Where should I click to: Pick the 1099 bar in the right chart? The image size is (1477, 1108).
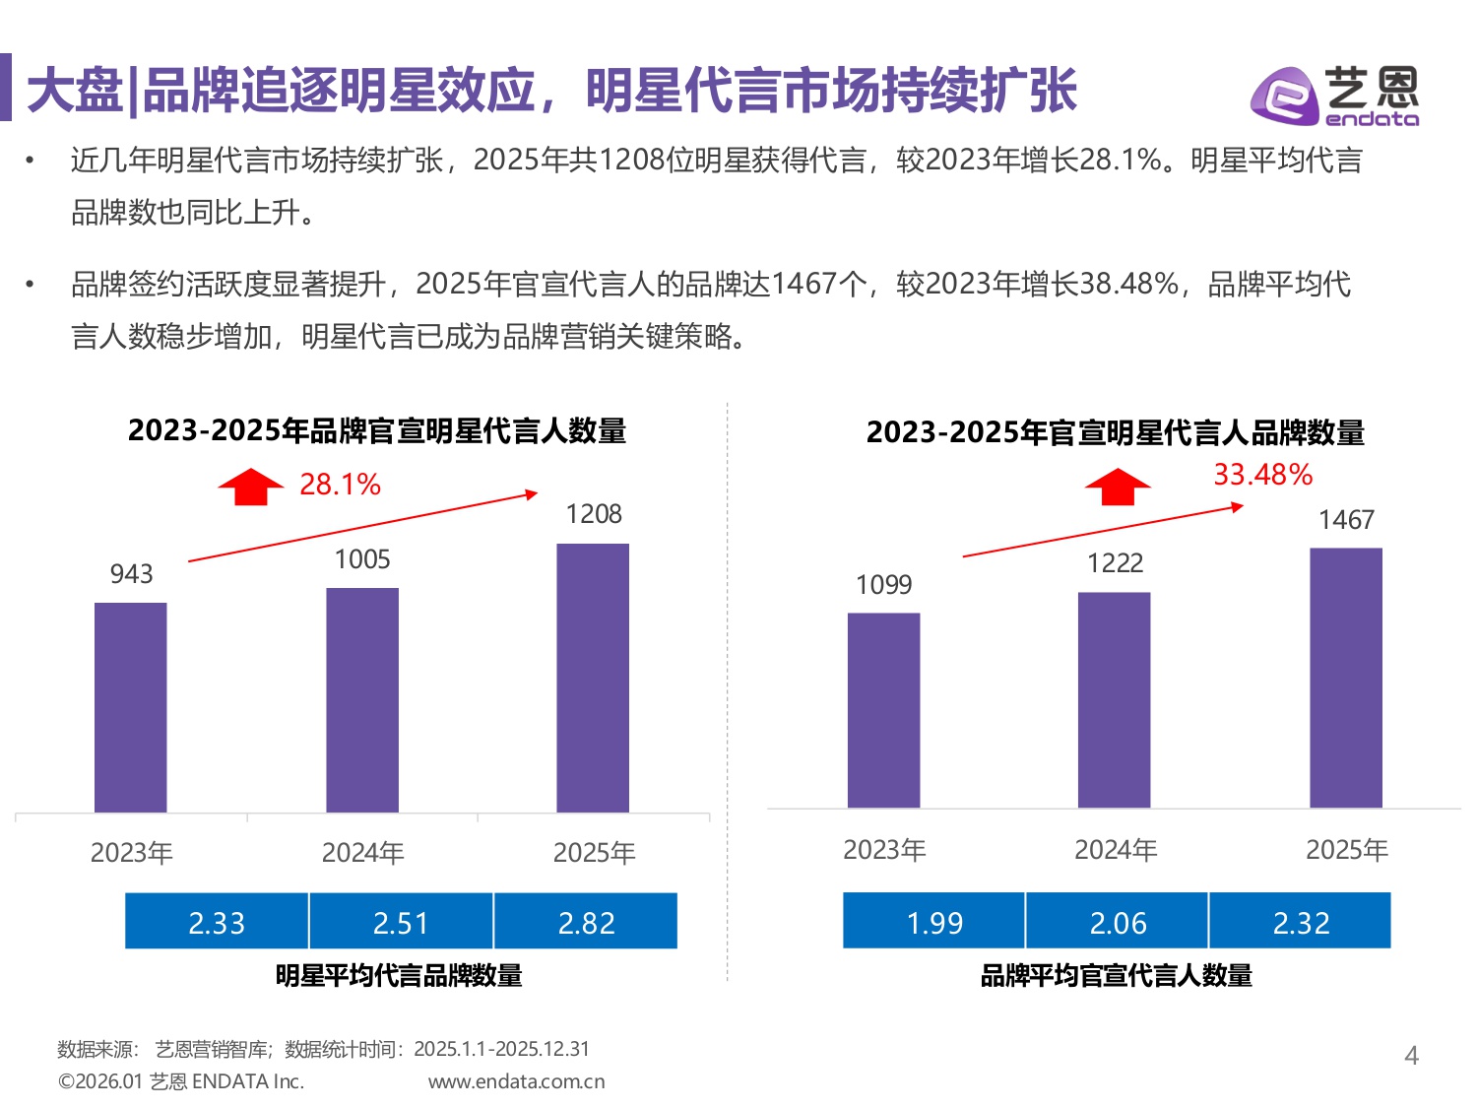click(883, 710)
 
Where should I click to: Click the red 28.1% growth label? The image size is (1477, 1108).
click(340, 485)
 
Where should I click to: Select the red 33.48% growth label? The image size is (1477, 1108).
click(1262, 475)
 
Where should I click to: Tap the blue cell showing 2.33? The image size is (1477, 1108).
click(217, 922)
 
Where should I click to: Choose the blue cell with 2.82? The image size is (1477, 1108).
click(586, 922)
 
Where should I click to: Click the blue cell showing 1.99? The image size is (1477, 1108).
click(933, 922)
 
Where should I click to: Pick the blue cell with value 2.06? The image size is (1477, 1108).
click(1118, 922)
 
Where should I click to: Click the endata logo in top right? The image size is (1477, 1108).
click(1334, 96)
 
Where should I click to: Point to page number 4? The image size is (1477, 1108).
click(1411, 1056)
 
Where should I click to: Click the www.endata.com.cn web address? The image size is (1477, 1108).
click(516, 1081)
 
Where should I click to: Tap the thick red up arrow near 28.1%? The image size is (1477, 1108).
click(251, 487)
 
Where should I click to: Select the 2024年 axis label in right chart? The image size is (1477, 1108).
click(1116, 849)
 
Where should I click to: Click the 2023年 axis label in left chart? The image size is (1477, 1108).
click(131, 852)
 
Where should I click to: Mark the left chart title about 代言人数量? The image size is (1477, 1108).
click(377, 430)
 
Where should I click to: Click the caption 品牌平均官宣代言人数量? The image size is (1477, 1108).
click(1116, 975)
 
